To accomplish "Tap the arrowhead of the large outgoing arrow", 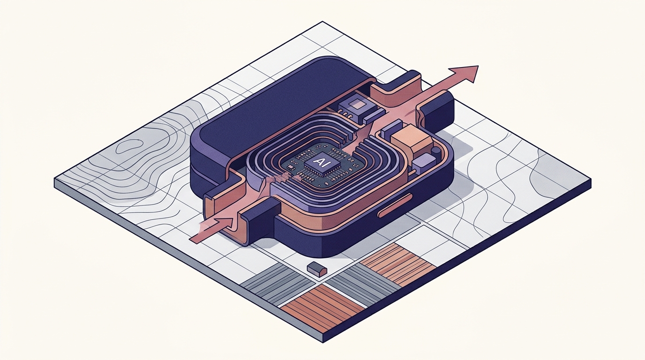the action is (x=464, y=74).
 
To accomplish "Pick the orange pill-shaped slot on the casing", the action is (x=395, y=205).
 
